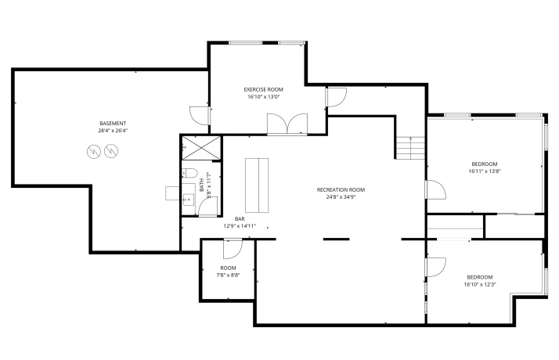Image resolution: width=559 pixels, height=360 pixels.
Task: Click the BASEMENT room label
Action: click(x=113, y=124)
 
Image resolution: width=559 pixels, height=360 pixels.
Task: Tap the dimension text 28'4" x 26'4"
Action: click(x=113, y=131)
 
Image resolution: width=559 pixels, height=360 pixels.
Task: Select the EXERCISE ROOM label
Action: click(x=265, y=89)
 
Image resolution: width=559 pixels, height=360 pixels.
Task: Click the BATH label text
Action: click(x=202, y=186)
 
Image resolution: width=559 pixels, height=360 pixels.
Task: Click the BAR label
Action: click(x=240, y=218)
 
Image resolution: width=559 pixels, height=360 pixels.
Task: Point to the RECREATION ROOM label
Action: click(x=341, y=189)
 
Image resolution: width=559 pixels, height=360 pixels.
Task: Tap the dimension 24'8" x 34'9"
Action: click(x=341, y=197)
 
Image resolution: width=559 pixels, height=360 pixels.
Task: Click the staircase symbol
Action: click(x=410, y=147)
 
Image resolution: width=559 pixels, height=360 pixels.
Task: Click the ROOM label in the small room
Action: click(x=228, y=268)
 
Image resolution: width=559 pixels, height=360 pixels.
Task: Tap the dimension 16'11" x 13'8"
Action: click(x=484, y=171)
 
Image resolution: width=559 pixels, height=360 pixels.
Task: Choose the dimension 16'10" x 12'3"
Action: click(x=479, y=285)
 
